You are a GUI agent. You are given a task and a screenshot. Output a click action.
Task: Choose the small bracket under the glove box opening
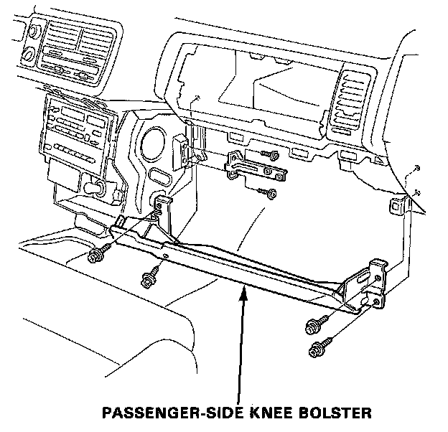pyautogui.click(x=255, y=169)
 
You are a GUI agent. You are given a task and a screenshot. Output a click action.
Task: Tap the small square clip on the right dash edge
pyautogui.click(x=396, y=208)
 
